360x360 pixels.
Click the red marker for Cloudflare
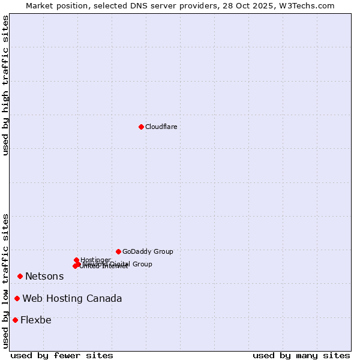[141, 127]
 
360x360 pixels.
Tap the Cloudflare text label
[161, 127]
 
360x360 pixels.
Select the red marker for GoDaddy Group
[118, 251]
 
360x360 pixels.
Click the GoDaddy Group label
[148, 251]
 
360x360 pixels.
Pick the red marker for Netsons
[20, 276]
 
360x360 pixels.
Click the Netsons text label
[44, 276]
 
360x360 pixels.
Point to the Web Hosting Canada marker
[17, 298]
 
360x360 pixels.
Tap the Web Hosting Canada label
[72, 298]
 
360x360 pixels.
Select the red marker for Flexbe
[15, 320]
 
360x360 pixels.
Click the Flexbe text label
[36, 320]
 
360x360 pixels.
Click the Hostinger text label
[95, 260]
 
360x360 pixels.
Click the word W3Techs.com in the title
[308, 5]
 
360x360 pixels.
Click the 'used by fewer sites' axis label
[62, 355]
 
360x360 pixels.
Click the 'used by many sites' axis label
[301, 355]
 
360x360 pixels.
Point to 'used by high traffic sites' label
[5, 85]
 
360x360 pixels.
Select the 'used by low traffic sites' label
[5, 280]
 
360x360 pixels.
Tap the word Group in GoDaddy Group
[163, 251]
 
